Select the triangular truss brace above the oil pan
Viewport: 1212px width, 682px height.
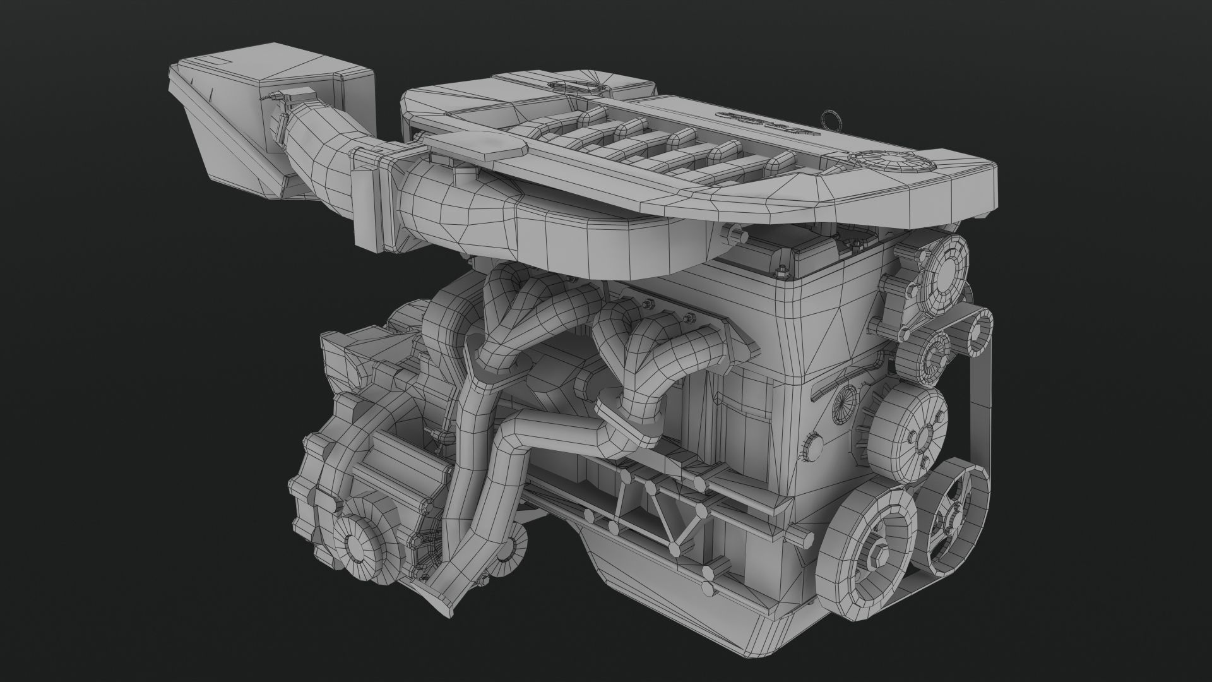tap(650, 505)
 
